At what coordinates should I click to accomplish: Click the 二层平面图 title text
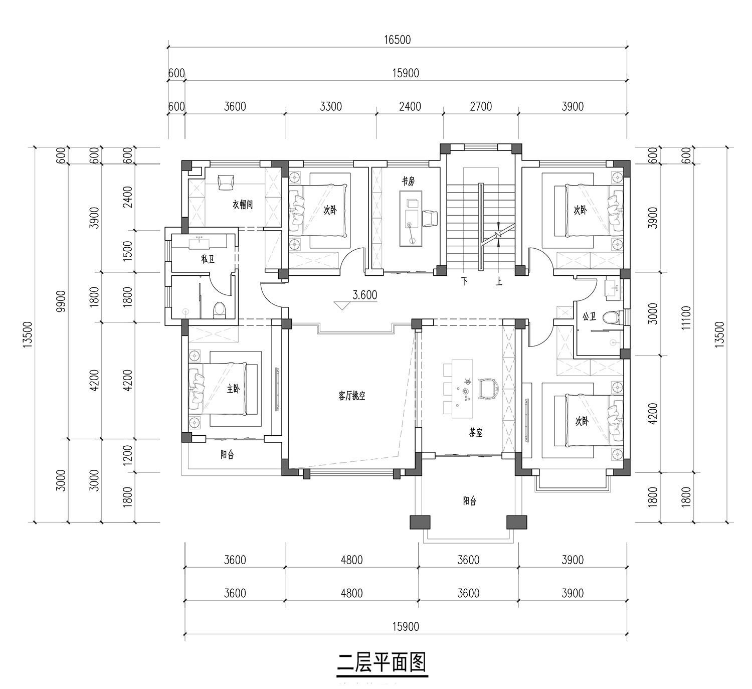[382, 662]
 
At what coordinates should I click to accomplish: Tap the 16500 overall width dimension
[398, 40]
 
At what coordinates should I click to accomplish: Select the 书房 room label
[408, 182]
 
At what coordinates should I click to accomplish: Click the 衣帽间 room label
[243, 205]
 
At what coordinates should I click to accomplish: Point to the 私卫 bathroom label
[208, 259]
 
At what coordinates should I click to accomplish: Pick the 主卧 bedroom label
[233, 389]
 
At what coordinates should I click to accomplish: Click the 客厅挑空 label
[351, 396]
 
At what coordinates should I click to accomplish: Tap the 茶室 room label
[476, 433]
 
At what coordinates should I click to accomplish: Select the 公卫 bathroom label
[589, 316]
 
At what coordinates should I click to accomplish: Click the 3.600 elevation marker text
[365, 295]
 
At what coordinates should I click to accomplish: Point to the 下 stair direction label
[464, 281]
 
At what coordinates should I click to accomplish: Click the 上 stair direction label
[499, 281]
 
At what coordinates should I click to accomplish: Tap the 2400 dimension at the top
[410, 106]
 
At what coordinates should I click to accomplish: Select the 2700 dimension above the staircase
[481, 106]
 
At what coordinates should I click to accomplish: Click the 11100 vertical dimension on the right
[686, 318]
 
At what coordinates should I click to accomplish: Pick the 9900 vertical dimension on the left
[61, 301]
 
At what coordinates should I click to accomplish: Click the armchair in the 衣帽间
[226, 182]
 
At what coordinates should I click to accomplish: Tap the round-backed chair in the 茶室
[488, 389]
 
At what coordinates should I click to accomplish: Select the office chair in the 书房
[430, 219]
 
